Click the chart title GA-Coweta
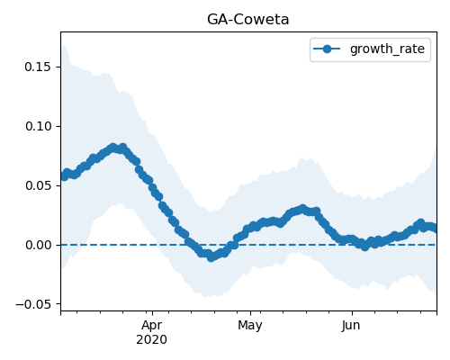(248, 20)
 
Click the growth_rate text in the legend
(387, 49)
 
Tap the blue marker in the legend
(327, 49)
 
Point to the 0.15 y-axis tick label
(38, 67)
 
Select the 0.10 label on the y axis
(38, 126)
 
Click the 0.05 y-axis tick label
(38, 185)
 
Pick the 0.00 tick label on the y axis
(38, 245)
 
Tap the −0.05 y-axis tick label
(33, 304)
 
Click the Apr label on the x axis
(152, 326)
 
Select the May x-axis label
(250, 326)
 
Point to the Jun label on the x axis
(351, 326)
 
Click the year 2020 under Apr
(152, 340)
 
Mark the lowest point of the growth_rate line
(211, 257)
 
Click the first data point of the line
(64, 176)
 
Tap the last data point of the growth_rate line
(435, 229)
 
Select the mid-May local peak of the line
(302, 209)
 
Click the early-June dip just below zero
(364, 247)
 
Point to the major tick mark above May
(250, 313)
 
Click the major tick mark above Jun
(352, 313)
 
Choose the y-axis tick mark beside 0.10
(58, 126)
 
